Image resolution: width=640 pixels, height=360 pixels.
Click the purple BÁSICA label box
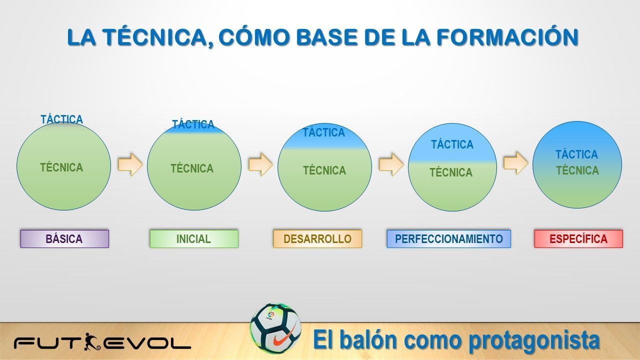click(64, 239)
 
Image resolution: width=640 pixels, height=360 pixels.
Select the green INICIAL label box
click(194, 239)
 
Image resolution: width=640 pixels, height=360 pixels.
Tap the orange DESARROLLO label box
click(317, 239)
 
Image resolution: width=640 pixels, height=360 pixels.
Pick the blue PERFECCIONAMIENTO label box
click(449, 239)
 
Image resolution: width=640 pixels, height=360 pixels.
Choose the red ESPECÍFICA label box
click(578, 239)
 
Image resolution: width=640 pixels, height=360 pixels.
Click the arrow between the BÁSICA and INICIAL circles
click(130, 164)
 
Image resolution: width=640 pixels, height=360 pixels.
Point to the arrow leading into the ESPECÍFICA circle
click(515, 163)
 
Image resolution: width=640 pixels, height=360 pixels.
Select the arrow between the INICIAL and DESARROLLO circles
click(260, 164)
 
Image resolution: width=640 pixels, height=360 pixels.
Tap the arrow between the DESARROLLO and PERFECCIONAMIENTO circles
click(391, 164)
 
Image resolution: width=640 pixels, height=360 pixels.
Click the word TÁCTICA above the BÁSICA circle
click(61, 119)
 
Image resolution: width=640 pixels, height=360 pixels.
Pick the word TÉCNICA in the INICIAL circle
click(192, 168)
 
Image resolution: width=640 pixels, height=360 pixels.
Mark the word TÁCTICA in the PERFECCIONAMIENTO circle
click(452, 144)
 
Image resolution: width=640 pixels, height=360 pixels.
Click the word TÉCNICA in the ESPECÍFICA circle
click(577, 170)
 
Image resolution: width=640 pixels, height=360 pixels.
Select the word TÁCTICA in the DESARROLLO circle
click(323, 132)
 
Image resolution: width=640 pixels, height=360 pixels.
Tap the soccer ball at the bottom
click(275, 329)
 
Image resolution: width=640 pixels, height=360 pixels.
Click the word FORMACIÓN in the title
click(507, 37)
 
